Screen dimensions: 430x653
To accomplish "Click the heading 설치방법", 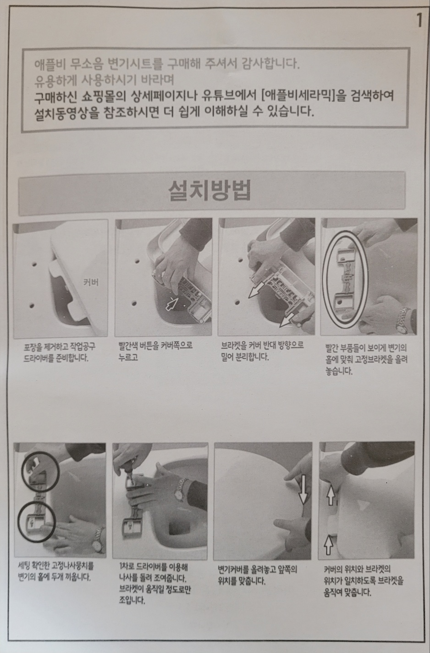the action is pos(209,190).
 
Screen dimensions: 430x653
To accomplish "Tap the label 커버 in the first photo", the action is pos(91,282).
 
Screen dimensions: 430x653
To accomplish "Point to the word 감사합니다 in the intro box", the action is pos(270,63).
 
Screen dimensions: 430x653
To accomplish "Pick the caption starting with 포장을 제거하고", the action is pos(60,352).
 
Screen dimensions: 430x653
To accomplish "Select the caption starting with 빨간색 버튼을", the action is pos(155,351).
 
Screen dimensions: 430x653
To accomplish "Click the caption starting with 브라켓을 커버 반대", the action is pos(262,351).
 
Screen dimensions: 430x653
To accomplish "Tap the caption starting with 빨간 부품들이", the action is pos(366,359).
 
